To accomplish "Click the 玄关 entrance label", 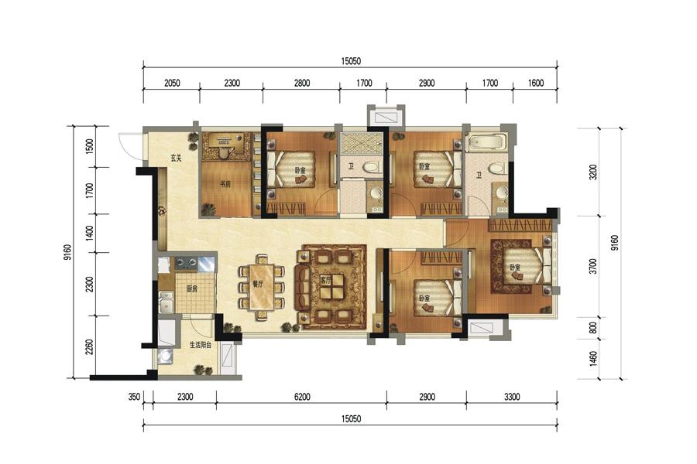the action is point(177,157).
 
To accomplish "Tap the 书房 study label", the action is point(225,184).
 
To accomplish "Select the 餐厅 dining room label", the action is point(258,284).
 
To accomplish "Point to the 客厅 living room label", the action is point(326,280).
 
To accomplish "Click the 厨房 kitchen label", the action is point(191,288).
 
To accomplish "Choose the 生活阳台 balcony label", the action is point(200,345).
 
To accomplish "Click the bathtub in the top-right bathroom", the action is point(486,142).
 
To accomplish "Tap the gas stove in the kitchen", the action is point(186,263).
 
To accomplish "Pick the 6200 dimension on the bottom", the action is point(302,397).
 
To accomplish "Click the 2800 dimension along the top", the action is point(302,83).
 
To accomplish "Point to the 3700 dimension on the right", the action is point(592,266).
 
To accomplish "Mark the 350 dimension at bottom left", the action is point(135,397).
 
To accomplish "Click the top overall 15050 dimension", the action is point(351,61).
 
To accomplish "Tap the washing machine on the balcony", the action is point(166,356).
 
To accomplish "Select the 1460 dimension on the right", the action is point(592,360).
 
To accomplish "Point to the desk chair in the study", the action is point(225,154).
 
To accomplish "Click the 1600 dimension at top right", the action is point(536,83).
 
